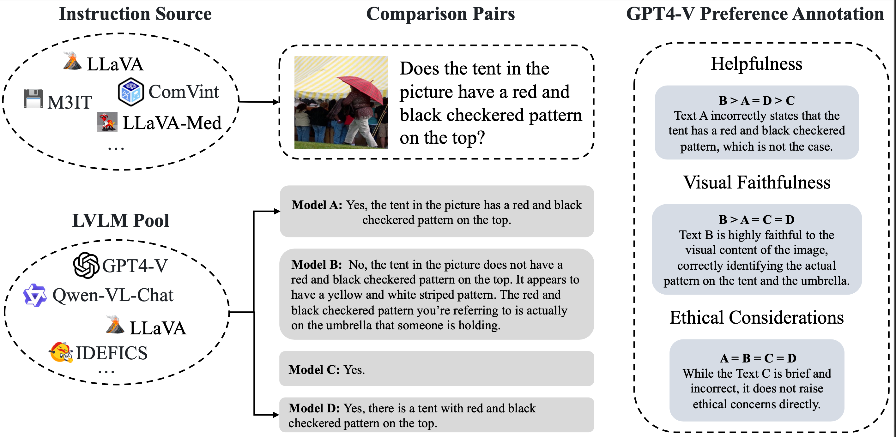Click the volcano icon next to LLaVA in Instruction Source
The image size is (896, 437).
(x=72, y=61)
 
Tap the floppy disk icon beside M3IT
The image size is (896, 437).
(x=33, y=99)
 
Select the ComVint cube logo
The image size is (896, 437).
(x=130, y=92)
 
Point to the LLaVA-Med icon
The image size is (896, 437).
(x=107, y=122)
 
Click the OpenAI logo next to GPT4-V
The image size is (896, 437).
(x=86, y=265)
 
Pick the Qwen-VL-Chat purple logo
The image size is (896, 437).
(x=35, y=295)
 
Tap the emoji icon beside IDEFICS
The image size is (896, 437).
(x=61, y=352)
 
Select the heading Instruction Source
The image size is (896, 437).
(x=135, y=14)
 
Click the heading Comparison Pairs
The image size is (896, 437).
(x=440, y=14)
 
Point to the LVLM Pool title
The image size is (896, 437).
(x=120, y=220)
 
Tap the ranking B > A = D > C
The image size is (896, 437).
(x=757, y=100)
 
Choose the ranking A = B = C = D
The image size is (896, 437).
(x=758, y=358)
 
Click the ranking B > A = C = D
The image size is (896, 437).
(x=757, y=220)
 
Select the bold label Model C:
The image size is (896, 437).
(x=314, y=369)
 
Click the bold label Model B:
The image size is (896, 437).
(x=317, y=265)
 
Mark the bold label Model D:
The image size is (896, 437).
(x=314, y=408)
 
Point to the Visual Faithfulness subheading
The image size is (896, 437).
(x=757, y=182)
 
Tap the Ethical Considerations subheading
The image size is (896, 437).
(x=757, y=317)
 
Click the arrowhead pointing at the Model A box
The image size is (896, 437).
(x=276, y=211)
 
